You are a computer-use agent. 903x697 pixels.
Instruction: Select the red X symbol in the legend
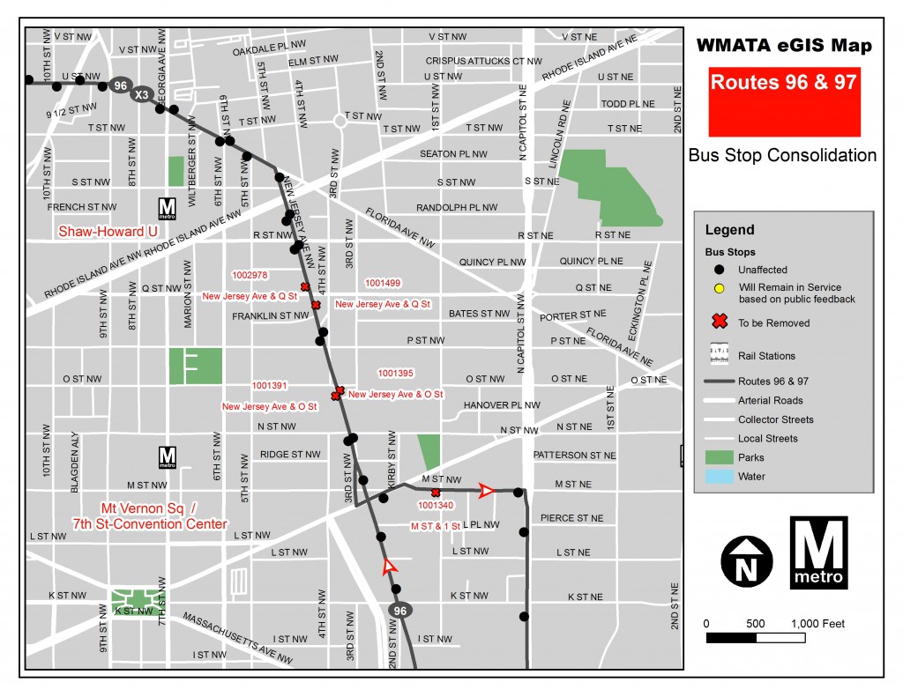tap(720, 323)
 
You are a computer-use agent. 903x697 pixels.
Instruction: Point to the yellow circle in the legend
tap(720, 288)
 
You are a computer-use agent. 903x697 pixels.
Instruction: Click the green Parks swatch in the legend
tap(720, 457)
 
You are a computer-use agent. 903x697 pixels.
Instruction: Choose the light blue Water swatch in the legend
tap(720, 477)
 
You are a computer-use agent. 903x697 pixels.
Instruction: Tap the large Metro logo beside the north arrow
tap(818, 552)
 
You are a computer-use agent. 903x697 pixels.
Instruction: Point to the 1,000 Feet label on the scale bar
tap(819, 624)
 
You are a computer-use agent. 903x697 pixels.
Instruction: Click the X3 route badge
tap(141, 94)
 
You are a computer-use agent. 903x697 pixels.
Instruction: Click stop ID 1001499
tap(382, 283)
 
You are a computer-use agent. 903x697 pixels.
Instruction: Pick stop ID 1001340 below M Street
tap(437, 506)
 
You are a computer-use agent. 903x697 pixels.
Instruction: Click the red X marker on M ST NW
tap(436, 492)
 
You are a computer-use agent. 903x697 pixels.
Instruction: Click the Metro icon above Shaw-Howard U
tap(167, 208)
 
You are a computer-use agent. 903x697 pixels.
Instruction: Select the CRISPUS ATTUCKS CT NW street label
tap(483, 61)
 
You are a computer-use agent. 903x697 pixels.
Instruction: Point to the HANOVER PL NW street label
tap(501, 405)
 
